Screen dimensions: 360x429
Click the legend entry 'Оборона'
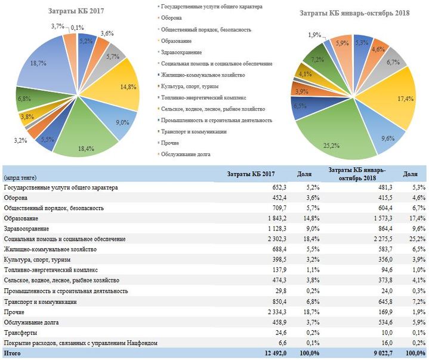tap(173, 18)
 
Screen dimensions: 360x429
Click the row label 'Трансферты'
tap(20, 332)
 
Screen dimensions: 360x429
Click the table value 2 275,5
tap(366, 239)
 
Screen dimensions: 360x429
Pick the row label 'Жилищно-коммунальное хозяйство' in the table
tap(49, 250)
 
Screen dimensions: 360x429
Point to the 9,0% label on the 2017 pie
tap(122, 123)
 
